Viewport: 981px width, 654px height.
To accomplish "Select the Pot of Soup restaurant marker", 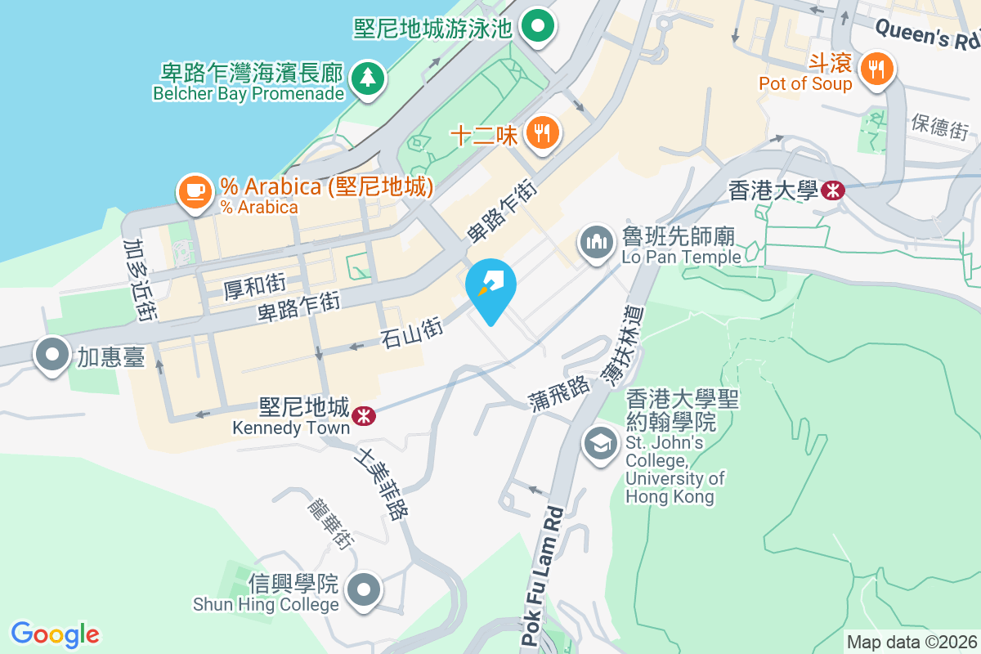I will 877,67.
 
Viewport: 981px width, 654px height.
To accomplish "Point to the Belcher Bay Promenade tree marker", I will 368,78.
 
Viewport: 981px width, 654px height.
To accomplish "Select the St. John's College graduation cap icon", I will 601,444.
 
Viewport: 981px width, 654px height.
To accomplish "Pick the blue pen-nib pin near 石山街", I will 490,288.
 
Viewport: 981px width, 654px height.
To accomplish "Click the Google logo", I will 55,634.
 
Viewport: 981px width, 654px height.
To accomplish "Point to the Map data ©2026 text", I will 912,642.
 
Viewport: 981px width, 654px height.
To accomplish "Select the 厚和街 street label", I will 254,285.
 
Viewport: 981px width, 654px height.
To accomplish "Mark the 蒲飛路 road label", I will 559,392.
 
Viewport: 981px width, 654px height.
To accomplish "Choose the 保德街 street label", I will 939,128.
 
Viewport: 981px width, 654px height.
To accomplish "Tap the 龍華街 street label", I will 329,522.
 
